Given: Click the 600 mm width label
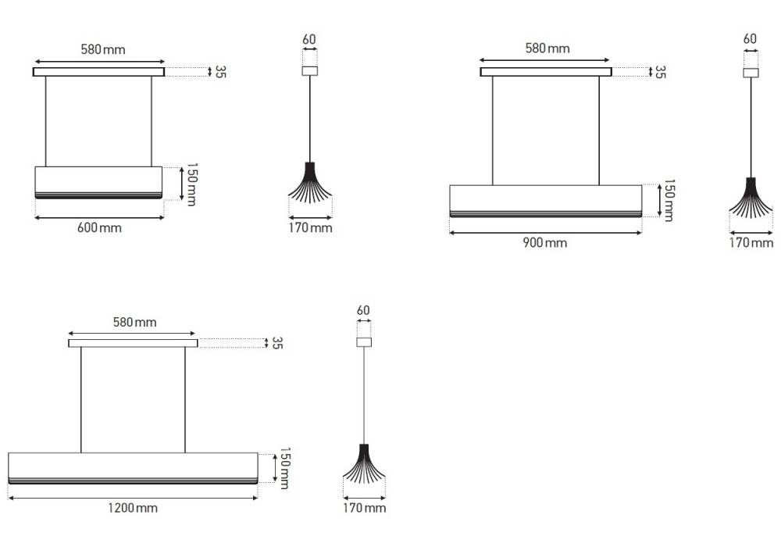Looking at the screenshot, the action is pos(99,227).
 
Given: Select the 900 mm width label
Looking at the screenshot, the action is pos(545,242).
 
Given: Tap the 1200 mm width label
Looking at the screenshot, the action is pos(133,508).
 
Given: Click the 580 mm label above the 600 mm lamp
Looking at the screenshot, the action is pos(103,49).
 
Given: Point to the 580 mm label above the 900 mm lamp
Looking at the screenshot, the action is pos(547,48).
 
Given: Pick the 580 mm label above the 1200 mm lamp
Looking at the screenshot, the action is pos(135,322).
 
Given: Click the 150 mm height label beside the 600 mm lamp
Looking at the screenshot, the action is pos(192,184).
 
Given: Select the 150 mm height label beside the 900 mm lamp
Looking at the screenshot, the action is pos(669,200).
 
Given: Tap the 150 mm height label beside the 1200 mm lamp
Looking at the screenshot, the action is pos(284,468).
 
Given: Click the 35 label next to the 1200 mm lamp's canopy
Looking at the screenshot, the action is pos(277,343).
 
